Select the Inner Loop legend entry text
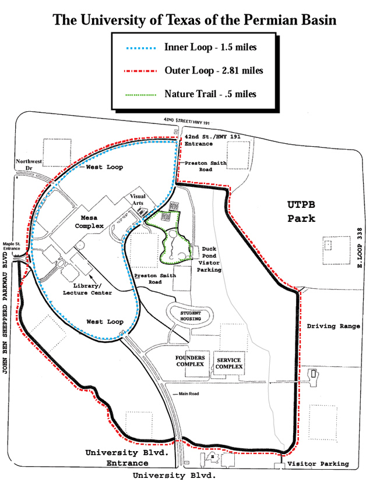point(210,46)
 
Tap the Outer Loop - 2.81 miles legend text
point(214,70)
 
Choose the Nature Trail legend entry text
point(210,93)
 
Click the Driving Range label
point(330,326)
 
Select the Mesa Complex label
point(88,221)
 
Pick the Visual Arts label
point(137,200)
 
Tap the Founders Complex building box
point(189,360)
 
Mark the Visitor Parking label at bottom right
point(318,464)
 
